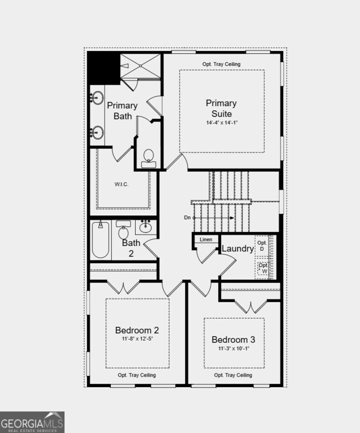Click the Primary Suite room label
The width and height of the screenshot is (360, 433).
tap(221, 108)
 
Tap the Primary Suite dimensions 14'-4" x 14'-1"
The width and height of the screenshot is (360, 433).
tap(221, 122)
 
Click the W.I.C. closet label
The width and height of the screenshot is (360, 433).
tap(122, 184)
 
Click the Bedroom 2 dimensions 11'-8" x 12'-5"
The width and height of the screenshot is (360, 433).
tap(137, 339)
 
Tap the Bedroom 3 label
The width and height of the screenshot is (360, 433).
tap(233, 339)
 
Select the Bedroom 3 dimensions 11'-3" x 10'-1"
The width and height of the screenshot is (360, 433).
tap(233, 349)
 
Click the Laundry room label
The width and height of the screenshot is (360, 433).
tap(237, 249)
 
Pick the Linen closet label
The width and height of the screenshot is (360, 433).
tap(206, 240)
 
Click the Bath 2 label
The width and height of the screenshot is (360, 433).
tap(131, 248)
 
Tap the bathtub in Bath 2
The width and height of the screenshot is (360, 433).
tap(100, 240)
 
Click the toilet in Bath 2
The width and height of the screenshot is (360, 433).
tap(123, 230)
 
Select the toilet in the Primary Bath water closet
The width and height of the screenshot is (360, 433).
tap(148, 158)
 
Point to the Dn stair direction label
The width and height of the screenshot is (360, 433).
tap(187, 218)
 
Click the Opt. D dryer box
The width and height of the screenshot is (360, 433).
tap(263, 246)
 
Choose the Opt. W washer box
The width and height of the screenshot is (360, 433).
tap(263, 269)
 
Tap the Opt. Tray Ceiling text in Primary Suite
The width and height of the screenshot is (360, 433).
tap(221, 64)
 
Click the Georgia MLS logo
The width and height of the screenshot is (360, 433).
tap(32, 422)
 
